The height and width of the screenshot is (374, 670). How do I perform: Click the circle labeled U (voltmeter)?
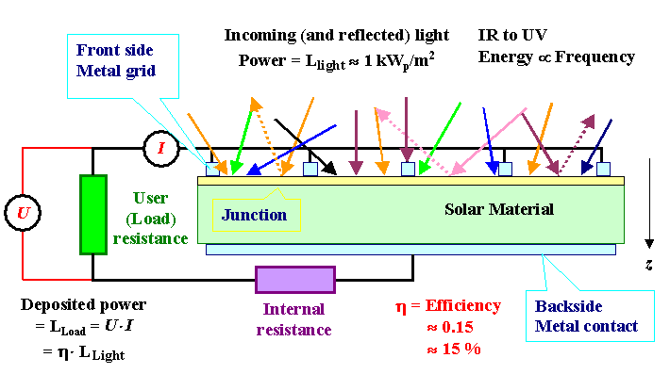coord(23,213)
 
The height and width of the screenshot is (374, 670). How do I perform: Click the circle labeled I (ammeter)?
coord(160,148)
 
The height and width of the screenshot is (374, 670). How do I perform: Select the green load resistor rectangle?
coord(92,214)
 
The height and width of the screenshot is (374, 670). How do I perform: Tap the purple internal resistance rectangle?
coord(295,280)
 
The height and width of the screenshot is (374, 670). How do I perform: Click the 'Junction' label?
coord(254,215)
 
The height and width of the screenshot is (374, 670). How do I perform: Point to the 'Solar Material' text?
coord(498,208)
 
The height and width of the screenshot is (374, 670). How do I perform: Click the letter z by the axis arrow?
coord(648,265)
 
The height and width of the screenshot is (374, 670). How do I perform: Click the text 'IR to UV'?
coord(511,35)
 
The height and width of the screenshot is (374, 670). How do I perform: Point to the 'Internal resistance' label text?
coord(295,319)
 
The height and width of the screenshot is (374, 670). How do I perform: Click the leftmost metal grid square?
coord(212,170)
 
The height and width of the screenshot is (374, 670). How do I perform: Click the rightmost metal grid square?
coord(603,170)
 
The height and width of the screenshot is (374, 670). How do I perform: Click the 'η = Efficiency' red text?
coord(447,305)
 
